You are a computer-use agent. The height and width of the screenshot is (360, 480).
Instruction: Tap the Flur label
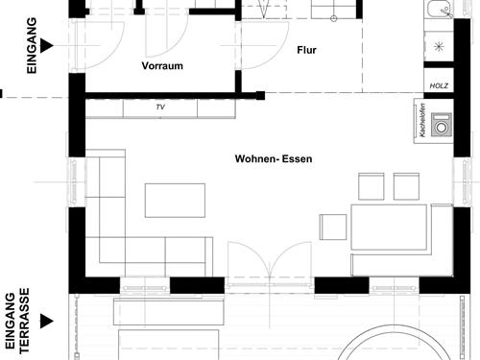[307, 50]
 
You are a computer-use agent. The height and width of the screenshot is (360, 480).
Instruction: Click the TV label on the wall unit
[160, 108]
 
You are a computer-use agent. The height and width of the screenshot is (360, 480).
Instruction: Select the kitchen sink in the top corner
[439, 12]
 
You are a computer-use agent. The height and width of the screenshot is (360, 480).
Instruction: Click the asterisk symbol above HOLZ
[440, 47]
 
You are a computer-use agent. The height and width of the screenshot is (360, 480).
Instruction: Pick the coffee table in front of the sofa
[175, 200]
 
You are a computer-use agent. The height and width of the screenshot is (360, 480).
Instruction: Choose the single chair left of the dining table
[333, 227]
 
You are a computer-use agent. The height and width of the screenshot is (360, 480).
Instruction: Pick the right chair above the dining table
[406, 186]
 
